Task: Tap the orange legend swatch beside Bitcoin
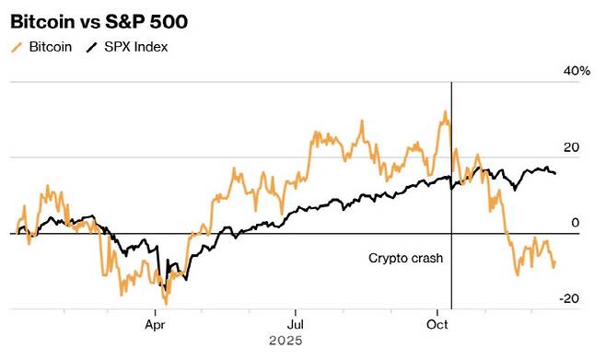pos(17,46)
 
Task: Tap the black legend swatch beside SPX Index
pos(91,46)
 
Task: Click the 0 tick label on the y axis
pos(575,223)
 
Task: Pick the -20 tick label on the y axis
pos(568,298)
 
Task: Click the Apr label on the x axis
pos(154,324)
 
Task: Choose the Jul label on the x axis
pos(296,324)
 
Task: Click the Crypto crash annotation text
pos(406,259)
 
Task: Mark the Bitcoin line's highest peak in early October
pos(446,112)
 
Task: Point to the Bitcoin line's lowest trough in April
pos(166,303)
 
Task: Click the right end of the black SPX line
pos(554,173)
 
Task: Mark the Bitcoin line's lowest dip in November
pos(517,274)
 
